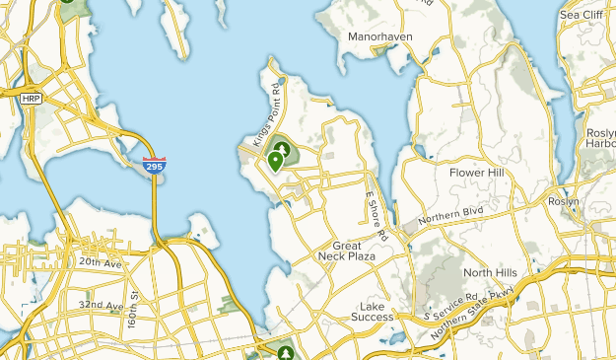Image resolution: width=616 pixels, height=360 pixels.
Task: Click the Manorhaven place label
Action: [379, 36]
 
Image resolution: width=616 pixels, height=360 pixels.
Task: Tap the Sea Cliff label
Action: [580, 15]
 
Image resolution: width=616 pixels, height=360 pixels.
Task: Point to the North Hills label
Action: [490, 272]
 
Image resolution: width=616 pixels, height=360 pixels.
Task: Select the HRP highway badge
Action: [30, 99]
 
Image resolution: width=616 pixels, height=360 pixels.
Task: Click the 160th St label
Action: [130, 314]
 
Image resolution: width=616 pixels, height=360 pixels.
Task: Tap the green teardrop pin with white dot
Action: [275, 161]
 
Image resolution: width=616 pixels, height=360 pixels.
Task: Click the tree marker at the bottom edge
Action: [287, 351]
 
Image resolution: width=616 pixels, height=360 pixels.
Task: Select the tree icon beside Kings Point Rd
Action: [284, 150]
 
